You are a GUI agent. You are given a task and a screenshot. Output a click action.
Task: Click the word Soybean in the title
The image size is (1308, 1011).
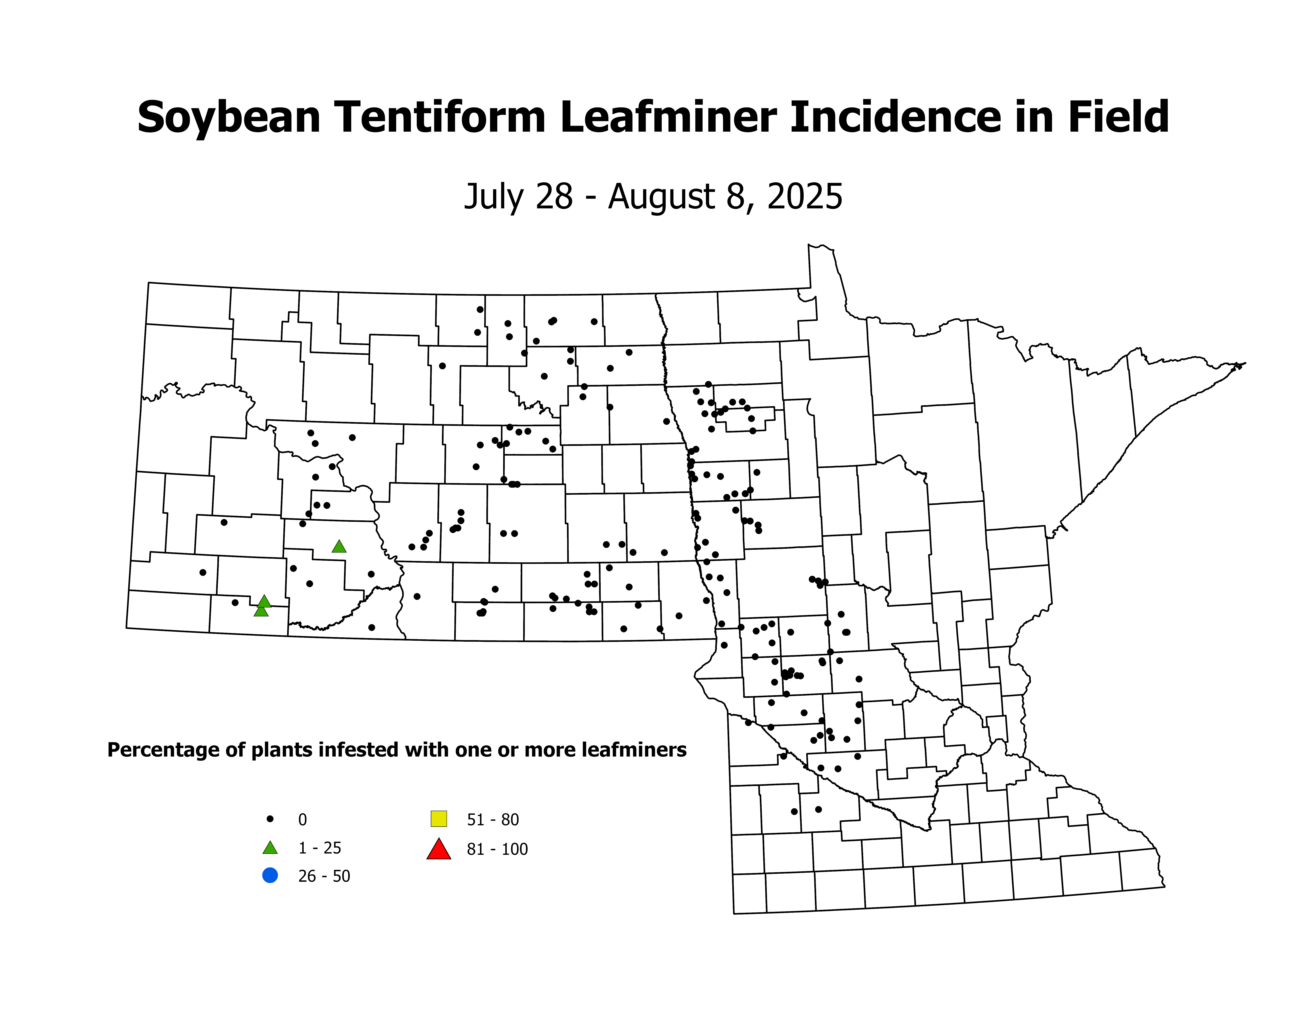coord(229,117)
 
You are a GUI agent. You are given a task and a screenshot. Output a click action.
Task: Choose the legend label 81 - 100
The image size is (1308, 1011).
coord(497,849)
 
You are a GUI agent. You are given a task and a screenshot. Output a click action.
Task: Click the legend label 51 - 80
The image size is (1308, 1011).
coord(492,819)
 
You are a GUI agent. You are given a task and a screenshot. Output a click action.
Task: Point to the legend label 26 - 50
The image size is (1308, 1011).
coord(324,876)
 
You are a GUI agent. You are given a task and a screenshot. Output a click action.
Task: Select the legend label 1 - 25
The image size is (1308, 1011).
coord(320,848)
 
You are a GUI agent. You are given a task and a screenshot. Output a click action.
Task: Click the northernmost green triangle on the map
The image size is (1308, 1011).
coord(339,546)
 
